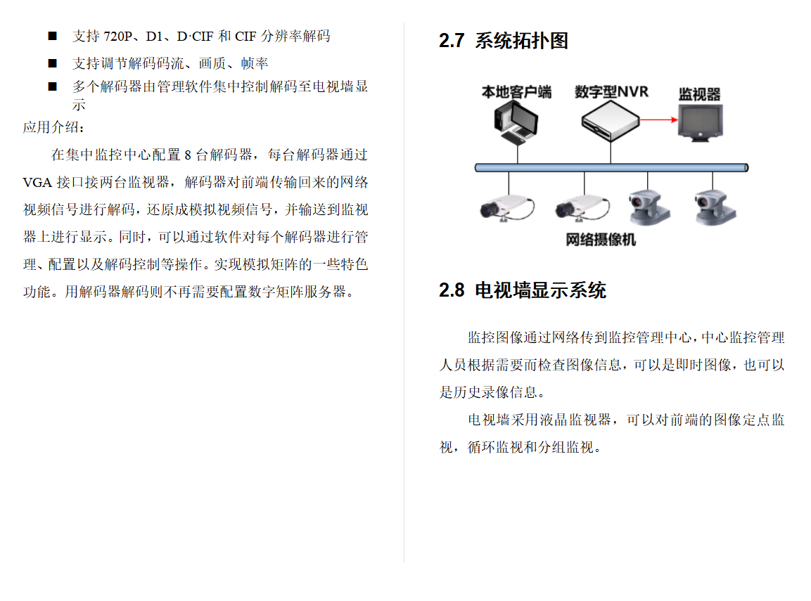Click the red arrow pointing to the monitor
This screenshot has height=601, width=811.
click(658, 119)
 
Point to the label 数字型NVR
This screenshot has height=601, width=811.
click(611, 92)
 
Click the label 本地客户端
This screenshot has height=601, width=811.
click(516, 92)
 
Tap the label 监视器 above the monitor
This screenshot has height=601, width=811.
click(699, 95)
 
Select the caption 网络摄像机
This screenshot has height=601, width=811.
click(601, 240)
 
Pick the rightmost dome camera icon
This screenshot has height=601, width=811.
click(715, 207)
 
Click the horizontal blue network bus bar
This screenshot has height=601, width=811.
click(611, 167)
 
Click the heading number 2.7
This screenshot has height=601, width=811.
click(452, 41)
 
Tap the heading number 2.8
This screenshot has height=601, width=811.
click(452, 290)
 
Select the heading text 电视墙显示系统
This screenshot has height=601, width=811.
click(540, 290)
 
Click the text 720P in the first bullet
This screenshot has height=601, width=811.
click(118, 36)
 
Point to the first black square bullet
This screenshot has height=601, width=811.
click(52, 36)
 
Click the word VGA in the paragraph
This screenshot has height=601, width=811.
click(37, 183)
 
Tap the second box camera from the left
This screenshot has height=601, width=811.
click(582, 208)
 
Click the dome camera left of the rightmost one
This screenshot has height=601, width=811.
click(649, 207)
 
